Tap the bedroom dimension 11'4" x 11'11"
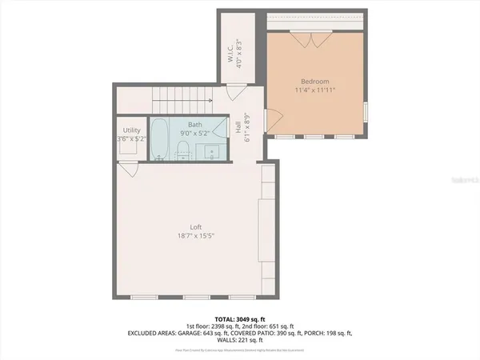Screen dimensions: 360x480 [x=316, y=90]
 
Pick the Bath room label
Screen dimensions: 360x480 [x=195, y=125]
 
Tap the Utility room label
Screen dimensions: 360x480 [x=132, y=130]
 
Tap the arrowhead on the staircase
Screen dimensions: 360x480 [x=210, y=101]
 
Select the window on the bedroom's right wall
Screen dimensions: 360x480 [x=365, y=110]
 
